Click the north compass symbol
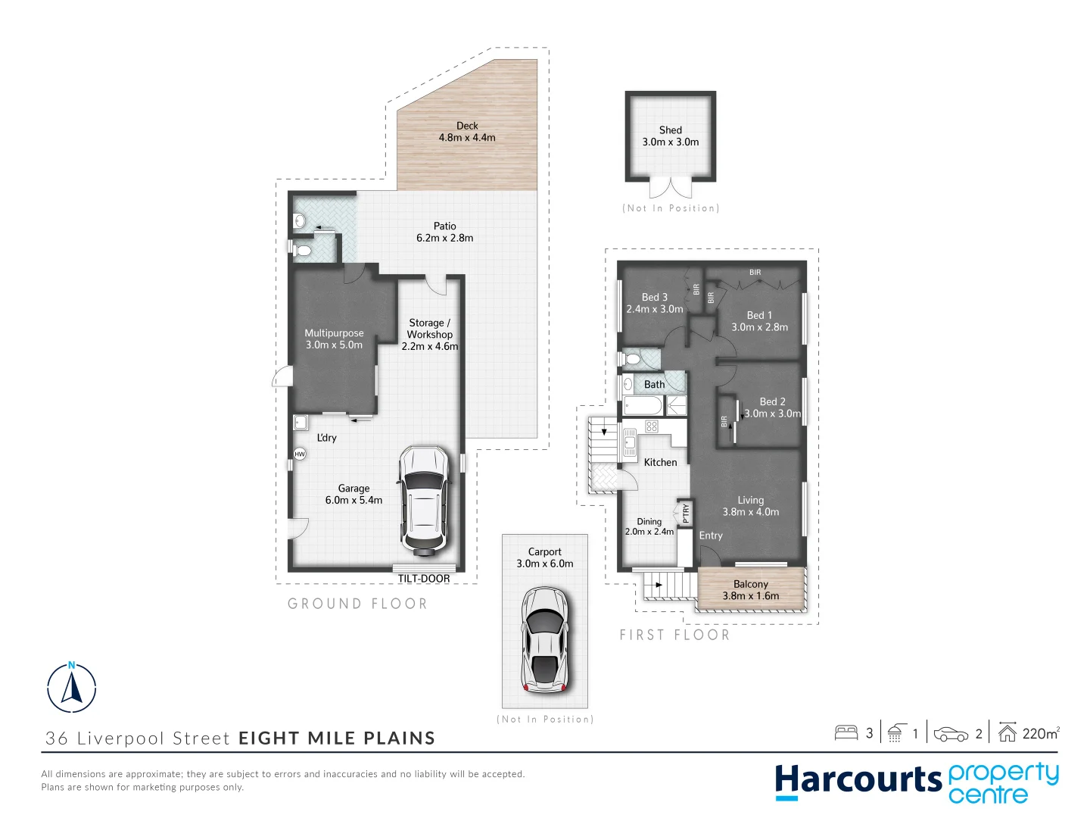coord(72,688)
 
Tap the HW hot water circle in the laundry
coord(300,454)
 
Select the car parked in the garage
coord(424,499)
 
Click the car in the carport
coord(544,640)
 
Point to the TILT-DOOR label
coord(424,579)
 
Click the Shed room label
coord(671,130)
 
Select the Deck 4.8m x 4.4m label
coord(467,132)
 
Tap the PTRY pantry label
coord(686,514)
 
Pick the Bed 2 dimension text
coord(772,414)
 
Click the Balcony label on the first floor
coord(750,584)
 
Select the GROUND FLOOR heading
coord(357,604)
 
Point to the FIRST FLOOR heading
coord(674,635)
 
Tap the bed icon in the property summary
coord(846,732)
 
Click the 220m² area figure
coord(1040,733)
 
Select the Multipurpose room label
coord(334,333)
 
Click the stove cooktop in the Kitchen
coord(652,427)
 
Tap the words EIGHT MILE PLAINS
coord(337,738)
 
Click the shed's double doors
coord(671,188)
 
